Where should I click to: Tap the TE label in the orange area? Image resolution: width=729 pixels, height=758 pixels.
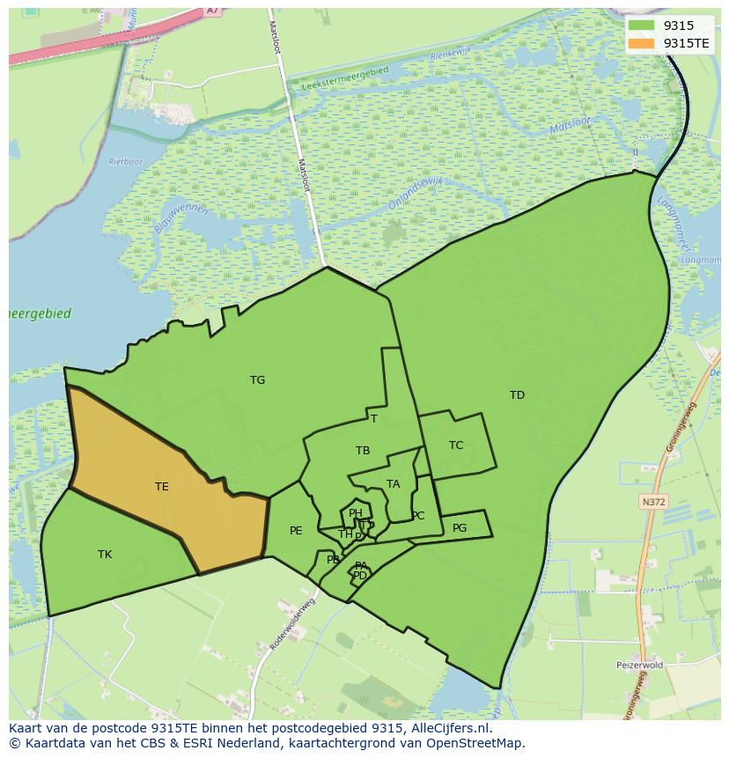pyautogui.click(x=162, y=486)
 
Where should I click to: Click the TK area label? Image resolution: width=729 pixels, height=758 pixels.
pyautogui.click(x=105, y=554)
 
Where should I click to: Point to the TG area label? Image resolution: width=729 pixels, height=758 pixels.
pyautogui.click(x=257, y=380)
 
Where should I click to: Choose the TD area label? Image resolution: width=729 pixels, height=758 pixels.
pyautogui.click(x=517, y=395)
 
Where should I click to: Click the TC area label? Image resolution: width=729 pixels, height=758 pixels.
pyautogui.click(x=456, y=445)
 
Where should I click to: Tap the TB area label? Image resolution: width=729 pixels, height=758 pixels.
pyautogui.click(x=363, y=451)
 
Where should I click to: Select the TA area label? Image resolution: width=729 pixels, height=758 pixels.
pyautogui.click(x=394, y=484)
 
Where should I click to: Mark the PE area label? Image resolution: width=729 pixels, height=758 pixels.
pyautogui.click(x=296, y=530)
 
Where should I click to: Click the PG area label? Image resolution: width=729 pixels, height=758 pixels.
pyautogui.click(x=460, y=528)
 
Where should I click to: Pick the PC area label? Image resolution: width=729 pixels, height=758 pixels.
pyautogui.click(x=418, y=516)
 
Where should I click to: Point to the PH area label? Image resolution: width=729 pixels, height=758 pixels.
pyautogui.click(x=356, y=513)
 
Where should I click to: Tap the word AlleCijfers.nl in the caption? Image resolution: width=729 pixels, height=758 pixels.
pyautogui.click(x=449, y=728)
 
